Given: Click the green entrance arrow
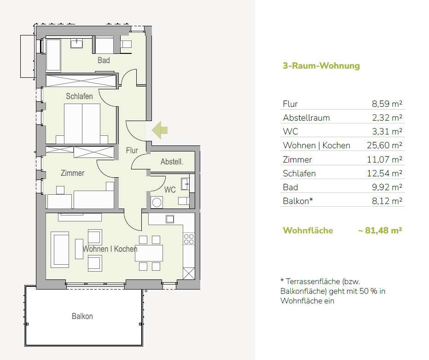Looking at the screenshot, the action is [160, 130].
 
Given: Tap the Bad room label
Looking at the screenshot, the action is [104, 60].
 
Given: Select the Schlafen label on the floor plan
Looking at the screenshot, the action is [79, 96].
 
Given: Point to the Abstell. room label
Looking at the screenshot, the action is [172, 162].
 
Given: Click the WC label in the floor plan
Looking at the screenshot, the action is [170, 190].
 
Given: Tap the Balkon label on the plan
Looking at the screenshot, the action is [82, 316].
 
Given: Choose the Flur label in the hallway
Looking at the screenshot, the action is [132, 150].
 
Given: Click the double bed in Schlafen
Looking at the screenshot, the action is [82, 124].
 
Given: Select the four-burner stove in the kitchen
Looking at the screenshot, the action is [189, 239].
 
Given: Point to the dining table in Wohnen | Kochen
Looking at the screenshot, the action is [149, 253].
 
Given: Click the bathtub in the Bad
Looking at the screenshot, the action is [53, 55].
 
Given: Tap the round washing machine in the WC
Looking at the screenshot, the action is [157, 203].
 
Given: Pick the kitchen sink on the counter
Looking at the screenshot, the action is [170, 219].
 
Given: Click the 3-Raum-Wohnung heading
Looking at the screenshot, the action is [321, 66].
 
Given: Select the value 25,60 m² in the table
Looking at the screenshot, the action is [384, 145].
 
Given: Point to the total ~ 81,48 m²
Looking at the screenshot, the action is [380, 230].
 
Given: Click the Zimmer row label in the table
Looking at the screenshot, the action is [297, 159].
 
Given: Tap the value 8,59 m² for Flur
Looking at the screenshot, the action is [387, 104].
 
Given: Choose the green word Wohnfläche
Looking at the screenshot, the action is [308, 230].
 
